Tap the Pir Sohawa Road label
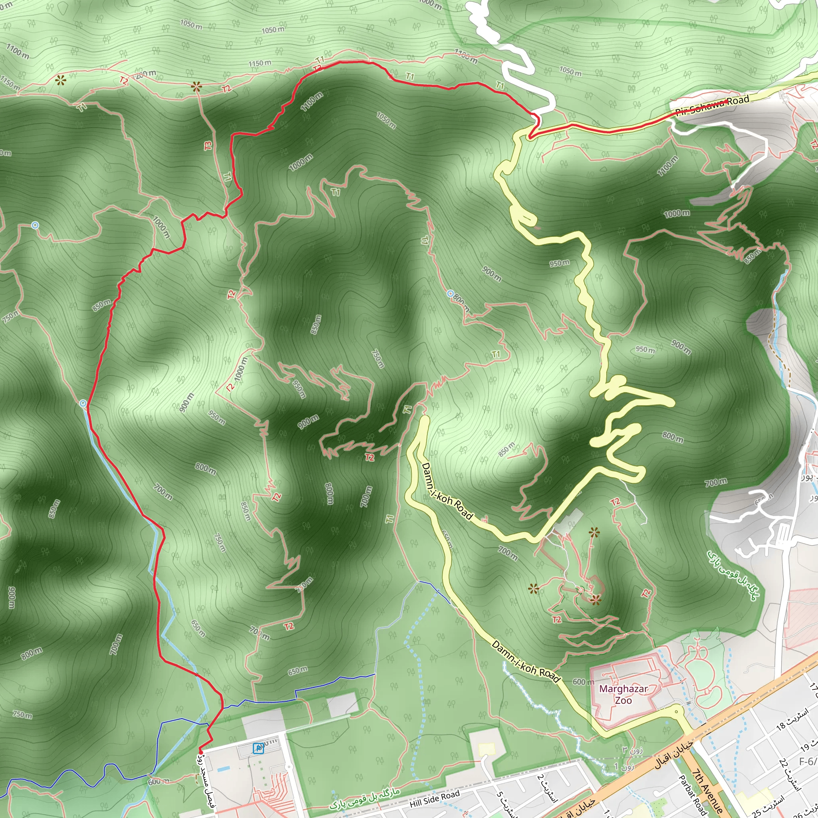tap(712, 106)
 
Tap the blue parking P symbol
tap(258, 749)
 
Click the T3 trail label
tap(208, 146)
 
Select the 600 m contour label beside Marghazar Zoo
tap(583, 682)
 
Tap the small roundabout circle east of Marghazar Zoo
tap(676, 711)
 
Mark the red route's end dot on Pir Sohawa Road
tap(726, 101)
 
